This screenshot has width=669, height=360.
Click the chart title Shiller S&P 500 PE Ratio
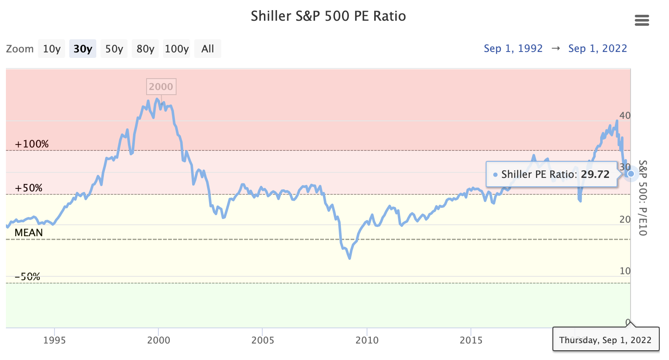point(328,16)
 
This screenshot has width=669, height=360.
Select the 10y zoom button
point(52,49)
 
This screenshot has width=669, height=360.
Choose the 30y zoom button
point(83,49)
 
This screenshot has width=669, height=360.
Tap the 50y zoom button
point(114,49)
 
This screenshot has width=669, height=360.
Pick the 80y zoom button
point(145,49)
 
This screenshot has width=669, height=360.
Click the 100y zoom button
point(177,49)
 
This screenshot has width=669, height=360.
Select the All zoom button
point(207,49)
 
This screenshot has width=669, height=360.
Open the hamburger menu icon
point(642,20)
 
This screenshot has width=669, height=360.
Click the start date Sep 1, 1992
point(513,49)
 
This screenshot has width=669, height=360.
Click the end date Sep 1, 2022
point(598,49)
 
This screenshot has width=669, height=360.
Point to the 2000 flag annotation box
point(161,87)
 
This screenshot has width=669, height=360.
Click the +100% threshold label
point(32,144)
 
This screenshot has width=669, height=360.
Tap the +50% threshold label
point(29,188)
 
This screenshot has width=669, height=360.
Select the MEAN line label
point(29,233)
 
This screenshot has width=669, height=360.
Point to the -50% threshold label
point(27,277)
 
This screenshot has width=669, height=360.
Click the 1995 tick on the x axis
point(54,340)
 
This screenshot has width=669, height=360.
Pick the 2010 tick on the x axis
point(367,340)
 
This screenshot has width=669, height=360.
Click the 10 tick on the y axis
point(625,271)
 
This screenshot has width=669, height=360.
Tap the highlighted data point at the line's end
point(631,174)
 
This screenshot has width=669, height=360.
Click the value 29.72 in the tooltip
point(595,175)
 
